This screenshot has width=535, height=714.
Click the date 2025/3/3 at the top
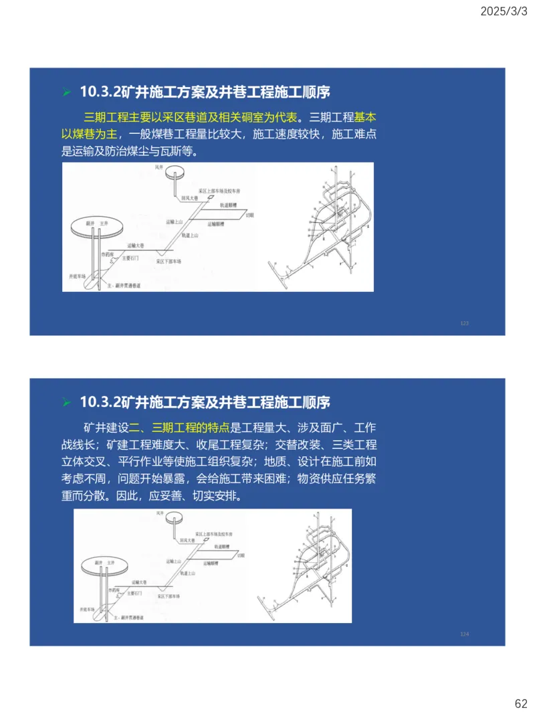(x=503, y=12)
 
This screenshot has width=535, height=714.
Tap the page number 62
(x=520, y=703)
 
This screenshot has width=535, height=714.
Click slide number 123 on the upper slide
(x=464, y=323)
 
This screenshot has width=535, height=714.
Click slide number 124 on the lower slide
(x=464, y=634)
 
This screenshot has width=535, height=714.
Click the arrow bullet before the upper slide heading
(x=67, y=92)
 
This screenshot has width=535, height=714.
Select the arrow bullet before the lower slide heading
(x=67, y=403)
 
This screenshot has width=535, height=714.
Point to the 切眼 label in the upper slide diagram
(x=250, y=215)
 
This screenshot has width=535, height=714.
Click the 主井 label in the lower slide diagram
(x=111, y=563)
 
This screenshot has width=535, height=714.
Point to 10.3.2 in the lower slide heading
(x=99, y=402)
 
